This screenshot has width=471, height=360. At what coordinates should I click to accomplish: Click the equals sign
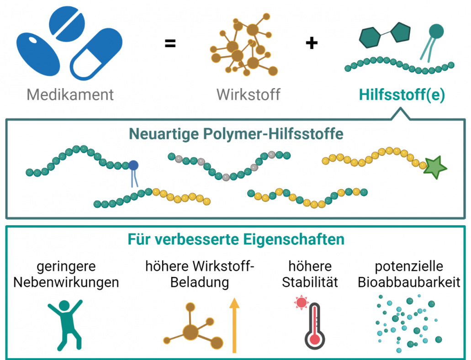point(170,44)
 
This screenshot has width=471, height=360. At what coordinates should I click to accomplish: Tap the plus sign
point(312,43)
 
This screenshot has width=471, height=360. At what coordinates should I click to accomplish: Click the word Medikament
point(70,95)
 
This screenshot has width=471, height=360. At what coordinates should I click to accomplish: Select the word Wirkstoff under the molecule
point(248,95)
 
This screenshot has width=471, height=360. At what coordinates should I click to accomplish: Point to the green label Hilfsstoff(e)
point(402,95)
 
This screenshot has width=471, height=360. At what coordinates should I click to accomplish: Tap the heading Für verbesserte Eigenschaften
point(236,239)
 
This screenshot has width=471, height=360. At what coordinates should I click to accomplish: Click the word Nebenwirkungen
point(66,282)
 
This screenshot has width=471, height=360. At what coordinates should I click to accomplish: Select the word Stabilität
point(310,282)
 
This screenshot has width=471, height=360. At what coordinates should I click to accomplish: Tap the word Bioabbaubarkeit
point(409,282)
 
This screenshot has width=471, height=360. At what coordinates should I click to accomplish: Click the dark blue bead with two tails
point(133,165)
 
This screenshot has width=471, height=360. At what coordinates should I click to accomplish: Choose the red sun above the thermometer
point(301,302)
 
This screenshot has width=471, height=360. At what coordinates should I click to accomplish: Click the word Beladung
point(200,282)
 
